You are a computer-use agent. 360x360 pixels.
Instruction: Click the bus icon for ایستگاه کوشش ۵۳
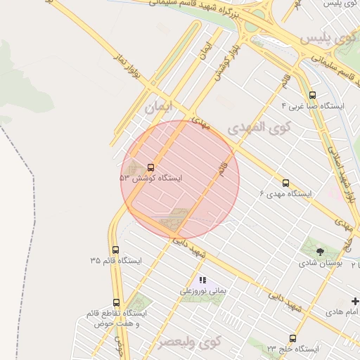(151, 167)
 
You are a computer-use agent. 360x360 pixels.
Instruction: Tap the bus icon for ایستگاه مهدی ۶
(285, 181)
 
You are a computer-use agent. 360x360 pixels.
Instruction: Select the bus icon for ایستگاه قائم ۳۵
(116, 250)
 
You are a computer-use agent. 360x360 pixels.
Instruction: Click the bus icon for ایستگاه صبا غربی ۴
(312, 95)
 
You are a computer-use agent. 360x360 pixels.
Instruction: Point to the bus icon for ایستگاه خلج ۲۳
(293, 338)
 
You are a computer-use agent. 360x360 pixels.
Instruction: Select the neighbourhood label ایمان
(157, 108)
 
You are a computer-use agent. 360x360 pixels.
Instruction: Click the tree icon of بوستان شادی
(320, 251)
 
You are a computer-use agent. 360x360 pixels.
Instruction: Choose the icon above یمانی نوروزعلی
(203, 280)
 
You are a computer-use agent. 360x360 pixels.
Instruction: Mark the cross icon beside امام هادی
(354, 302)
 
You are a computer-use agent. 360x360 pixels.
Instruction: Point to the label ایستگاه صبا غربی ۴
(312, 106)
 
